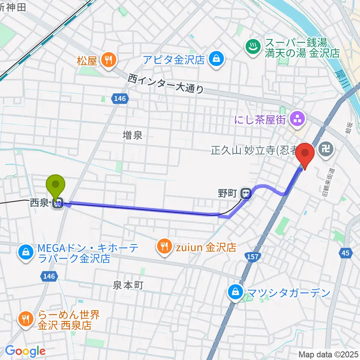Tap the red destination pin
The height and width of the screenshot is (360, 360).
click(305, 154)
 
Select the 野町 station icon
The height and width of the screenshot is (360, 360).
click(246, 193)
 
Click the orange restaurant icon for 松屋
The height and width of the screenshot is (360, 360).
click(109, 60)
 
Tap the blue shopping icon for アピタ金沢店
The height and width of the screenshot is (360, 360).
click(216, 58)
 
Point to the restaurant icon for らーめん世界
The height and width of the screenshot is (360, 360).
click(26, 319)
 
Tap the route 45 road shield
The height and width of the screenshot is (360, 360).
click(345, 253)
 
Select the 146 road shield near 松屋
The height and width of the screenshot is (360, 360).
click(120, 99)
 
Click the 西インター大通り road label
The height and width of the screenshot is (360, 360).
click(166, 84)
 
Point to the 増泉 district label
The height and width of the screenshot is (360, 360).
click(133, 135)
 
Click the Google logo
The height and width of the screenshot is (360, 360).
click(25, 351)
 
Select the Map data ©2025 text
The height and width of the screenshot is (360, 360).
click(328, 354)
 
